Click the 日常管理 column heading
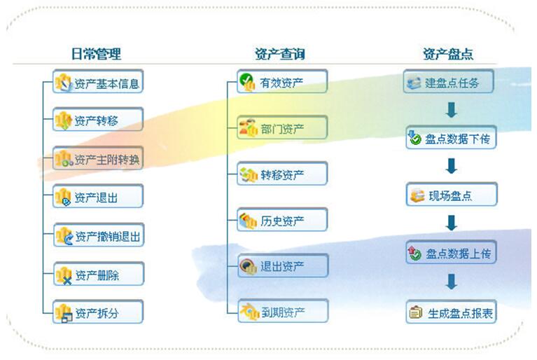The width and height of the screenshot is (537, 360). (x=96, y=54)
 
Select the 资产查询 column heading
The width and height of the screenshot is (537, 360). (x=280, y=54)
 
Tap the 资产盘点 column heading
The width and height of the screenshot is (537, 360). (x=448, y=54)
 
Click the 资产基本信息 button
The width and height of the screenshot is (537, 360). (x=98, y=81)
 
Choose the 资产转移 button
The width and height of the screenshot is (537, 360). (x=98, y=120)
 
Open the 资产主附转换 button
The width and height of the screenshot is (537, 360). (x=98, y=158)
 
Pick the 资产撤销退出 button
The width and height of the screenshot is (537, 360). (x=99, y=235)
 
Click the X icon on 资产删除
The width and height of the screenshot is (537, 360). (x=67, y=281)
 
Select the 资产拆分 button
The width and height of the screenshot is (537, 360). (x=98, y=312)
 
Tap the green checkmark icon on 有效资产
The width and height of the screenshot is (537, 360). (x=246, y=80)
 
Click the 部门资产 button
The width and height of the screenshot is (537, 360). (x=282, y=127)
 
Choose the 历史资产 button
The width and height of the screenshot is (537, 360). (x=282, y=219)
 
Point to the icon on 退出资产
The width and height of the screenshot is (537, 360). (x=248, y=266)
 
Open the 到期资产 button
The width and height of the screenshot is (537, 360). (x=283, y=311)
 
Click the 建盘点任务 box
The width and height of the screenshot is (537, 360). (x=448, y=81)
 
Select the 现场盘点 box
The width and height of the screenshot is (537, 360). (x=452, y=194)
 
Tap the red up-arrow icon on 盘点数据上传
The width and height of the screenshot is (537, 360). (x=411, y=250)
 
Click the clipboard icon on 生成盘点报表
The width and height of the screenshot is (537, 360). (x=415, y=312)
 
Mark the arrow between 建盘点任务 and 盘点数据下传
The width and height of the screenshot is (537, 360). (x=452, y=110)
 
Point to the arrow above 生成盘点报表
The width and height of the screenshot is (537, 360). (x=452, y=282)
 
